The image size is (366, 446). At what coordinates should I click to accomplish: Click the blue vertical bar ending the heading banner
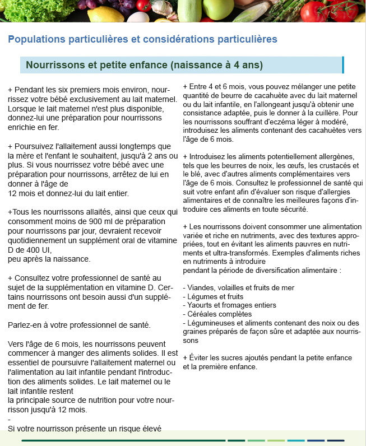click(x=342, y=65)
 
